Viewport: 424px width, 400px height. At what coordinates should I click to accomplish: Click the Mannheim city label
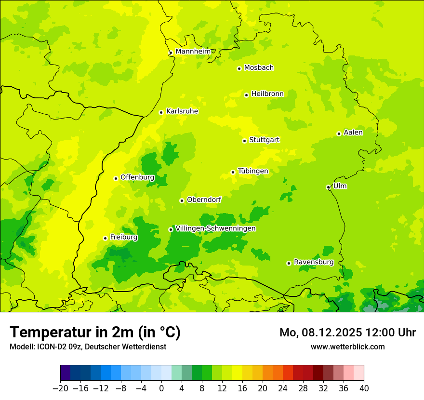tap(193, 52)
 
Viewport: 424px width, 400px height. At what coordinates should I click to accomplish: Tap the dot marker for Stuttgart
tap(245, 141)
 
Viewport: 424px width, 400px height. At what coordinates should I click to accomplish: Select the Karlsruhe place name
tap(182, 111)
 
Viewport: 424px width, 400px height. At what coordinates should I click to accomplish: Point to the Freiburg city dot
tap(105, 238)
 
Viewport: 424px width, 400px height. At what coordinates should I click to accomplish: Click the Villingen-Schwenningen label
tap(215, 228)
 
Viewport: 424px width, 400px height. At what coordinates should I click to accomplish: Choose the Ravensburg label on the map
tap(313, 262)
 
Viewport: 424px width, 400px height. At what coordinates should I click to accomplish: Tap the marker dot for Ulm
tap(329, 187)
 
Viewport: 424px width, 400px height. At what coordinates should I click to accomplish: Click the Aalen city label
tap(353, 133)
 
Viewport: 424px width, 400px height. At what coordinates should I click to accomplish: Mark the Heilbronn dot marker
tap(247, 95)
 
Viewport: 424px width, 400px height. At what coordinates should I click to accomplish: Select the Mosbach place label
tap(258, 68)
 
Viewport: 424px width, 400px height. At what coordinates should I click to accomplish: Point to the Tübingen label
tap(252, 171)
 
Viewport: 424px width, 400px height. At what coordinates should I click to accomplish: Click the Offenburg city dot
tap(116, 178)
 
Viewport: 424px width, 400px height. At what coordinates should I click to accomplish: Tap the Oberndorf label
tap(204, 200)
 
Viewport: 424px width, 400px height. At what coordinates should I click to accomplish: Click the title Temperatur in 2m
tap(95, 332)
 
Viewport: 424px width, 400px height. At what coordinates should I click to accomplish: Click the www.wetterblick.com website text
tap(347, 347)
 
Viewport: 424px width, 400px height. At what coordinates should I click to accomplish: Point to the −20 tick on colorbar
tap(60, 388)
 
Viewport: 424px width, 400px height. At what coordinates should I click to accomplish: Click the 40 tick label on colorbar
tap(364, 388)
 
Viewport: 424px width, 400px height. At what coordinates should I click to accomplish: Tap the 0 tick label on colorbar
tap(161, 388)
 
